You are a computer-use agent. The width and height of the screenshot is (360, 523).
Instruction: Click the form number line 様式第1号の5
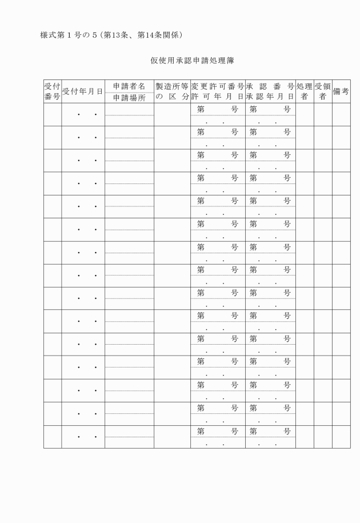coord(111,35)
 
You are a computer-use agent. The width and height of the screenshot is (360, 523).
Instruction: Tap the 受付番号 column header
coord(52,91)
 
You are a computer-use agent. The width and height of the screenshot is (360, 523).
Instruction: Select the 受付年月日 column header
coord(82,91)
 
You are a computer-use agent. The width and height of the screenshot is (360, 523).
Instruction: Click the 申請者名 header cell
coord(129,86)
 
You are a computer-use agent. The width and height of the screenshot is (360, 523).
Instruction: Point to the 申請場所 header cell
coord(129,98)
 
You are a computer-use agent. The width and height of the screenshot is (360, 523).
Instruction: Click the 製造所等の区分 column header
coord(172,91)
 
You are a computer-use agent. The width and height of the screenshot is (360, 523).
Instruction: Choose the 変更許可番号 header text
coord(218,86)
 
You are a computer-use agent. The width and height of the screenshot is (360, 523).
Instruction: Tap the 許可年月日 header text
coord(218,97)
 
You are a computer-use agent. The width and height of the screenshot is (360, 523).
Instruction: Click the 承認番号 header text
coord(270,86)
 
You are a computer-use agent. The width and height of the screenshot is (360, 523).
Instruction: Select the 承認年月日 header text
coord(270,97)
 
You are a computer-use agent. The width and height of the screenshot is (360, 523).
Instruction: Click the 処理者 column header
coord(304,91)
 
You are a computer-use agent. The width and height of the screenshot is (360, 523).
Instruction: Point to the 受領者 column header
coord(322,91)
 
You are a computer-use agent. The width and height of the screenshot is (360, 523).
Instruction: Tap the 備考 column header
coord(341,91)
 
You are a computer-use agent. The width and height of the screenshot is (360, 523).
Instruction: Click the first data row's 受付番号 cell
coord(52,115)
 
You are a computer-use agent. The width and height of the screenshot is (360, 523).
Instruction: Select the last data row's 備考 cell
coord(341,437)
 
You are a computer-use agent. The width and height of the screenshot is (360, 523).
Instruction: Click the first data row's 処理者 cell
coord(304,115)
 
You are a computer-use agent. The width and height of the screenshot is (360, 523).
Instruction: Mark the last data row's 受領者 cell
coord(322,437)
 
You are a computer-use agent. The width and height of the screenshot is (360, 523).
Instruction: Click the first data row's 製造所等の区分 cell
coord(172,115)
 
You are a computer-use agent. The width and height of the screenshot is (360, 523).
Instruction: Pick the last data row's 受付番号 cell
coord(52,437)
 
